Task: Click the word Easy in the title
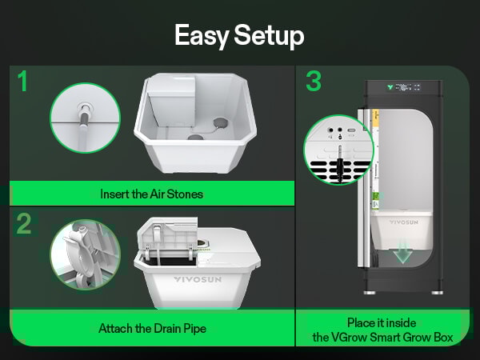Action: coord(199,35)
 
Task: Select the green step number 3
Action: coord(314,82)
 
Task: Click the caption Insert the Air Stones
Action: coord(152,194)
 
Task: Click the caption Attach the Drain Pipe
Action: coord(152,328)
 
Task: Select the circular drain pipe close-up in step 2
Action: coord(84,255)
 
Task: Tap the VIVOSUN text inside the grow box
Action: coord(403,223)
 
